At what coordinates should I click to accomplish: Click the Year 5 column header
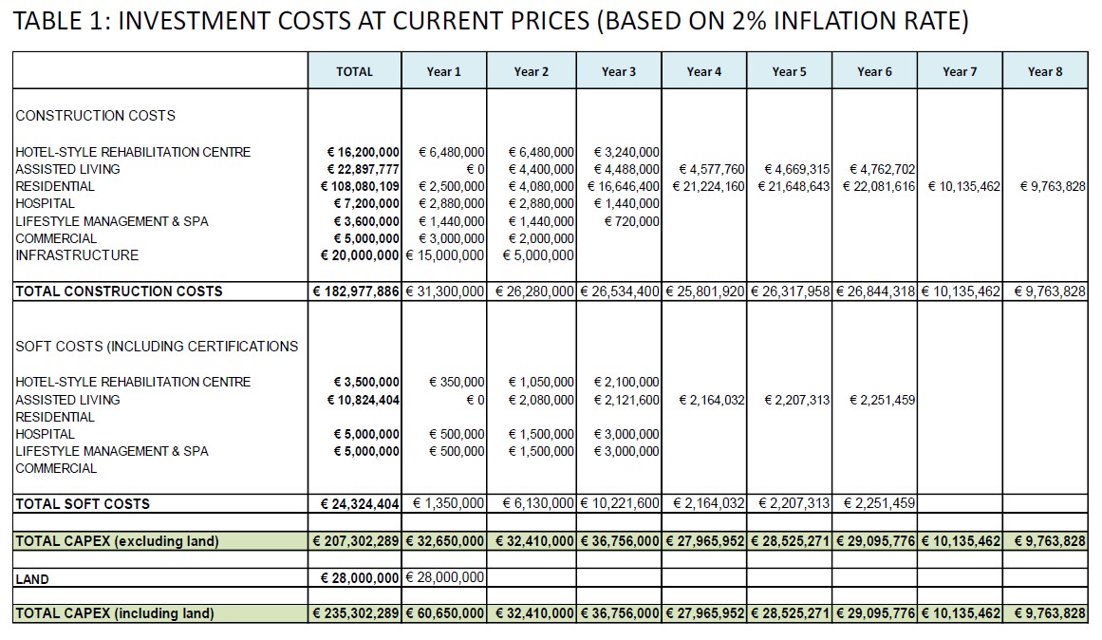click(x=790, y=71)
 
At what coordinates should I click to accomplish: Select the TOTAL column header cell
click(x=354, y=71)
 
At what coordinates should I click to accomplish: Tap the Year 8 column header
click(x=1045, y=71)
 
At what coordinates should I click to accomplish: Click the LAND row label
click(x=32, y=579)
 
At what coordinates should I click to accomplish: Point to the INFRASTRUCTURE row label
click(x=77, y=255)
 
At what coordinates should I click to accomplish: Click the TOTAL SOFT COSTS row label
click(x=83, y=503)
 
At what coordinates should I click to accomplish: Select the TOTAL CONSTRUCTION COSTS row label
click(x=119, y=292)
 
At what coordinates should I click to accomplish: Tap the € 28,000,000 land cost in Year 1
click(x=445, y=577)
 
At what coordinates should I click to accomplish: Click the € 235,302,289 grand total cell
click(x=356, y=613)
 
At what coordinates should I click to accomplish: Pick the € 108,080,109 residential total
click(x=360, y=186)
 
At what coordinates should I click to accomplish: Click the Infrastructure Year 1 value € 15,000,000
click(x=445, y=255)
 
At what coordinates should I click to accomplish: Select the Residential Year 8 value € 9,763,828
click(x=1053, y=186)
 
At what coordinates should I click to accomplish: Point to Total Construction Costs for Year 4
click(x=705, y=292)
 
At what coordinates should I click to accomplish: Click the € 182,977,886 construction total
click(x=356, y=292)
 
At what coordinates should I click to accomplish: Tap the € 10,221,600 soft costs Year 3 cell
click(x=620, y=503)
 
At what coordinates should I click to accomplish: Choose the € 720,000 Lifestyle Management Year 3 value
click(x=632, y=221)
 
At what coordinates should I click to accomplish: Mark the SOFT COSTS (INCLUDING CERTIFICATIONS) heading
click(x=157, y=346)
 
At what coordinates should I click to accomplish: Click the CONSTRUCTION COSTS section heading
click(x=96, y=115)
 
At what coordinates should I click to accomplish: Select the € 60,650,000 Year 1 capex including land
click(x=445, y=613)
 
